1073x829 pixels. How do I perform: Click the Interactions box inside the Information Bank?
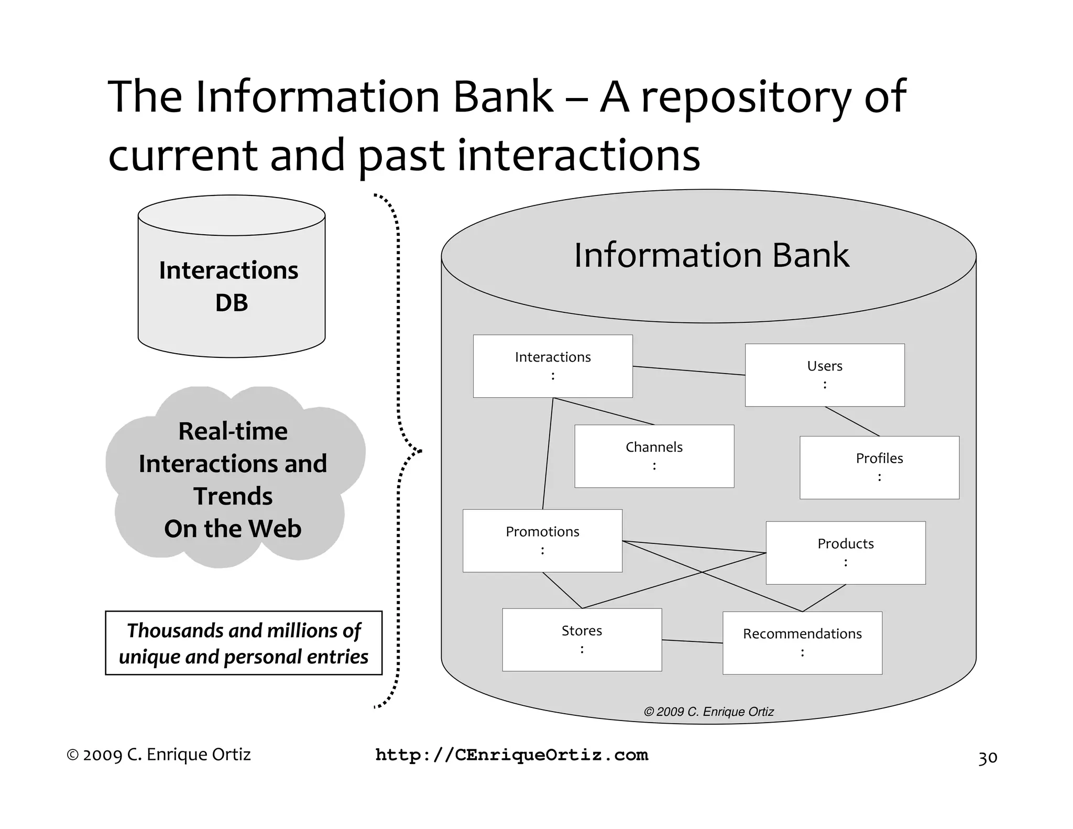(x=553, y=366)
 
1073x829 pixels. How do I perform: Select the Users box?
(x=825, y=375)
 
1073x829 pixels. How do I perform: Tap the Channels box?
(x=654, y=456)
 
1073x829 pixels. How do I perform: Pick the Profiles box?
(x=879, y=467)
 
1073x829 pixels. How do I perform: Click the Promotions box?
(x=542, y=540)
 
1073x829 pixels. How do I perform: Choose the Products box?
(x=845, y=552)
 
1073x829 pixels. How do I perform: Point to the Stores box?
(x=582, y=639)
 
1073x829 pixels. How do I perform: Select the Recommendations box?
(x=802, y=642)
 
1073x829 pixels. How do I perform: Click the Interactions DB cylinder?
(x=231, y=286)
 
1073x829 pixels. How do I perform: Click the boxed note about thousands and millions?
(x=244, y=643)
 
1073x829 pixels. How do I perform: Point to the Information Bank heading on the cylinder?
(x=711, y=255)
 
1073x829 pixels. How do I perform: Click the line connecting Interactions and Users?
(x=689, y=370)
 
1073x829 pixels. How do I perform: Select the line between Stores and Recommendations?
(x=692, y=641)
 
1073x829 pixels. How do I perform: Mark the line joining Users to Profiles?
(x=852, y=421)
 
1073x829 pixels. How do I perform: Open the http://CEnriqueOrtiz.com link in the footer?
(x=512, y=755)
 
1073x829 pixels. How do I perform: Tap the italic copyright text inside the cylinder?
(x=708, y=712)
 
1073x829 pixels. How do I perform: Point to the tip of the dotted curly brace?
(x=420, y=451)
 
